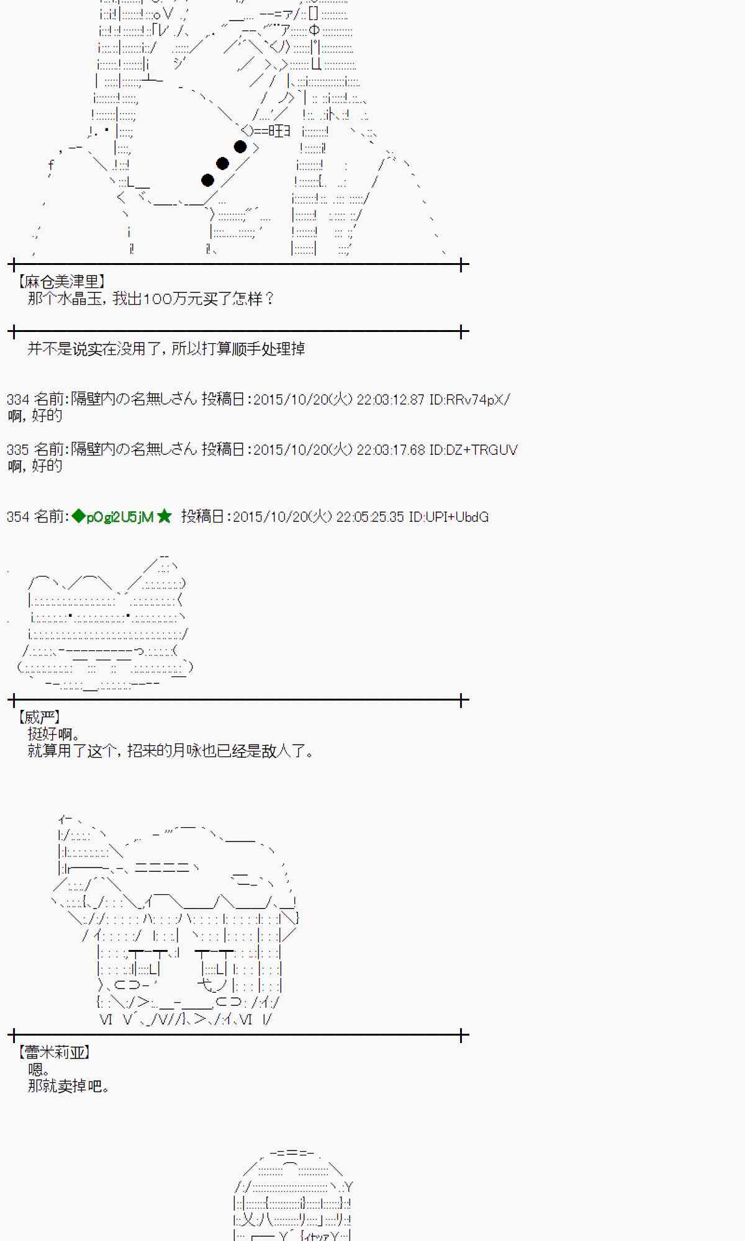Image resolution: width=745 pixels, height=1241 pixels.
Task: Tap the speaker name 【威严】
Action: [x=38, y=718]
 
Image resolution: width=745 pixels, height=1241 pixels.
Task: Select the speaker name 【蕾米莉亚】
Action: [x=55, y=1052]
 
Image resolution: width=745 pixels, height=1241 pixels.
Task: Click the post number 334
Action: [x=17, y=400]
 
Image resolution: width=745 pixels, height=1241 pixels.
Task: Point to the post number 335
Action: [x=17, y=450]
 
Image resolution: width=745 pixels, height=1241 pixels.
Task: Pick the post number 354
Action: [x=17, y=517]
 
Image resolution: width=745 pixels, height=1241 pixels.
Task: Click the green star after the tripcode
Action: [x=165, y=516]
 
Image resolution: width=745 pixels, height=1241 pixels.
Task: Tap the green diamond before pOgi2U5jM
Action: [x=78, y=516]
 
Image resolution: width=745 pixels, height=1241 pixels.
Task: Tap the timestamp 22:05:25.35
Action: [x=370, y=517]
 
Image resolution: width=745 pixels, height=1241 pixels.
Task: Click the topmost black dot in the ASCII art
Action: [x=240, y=147]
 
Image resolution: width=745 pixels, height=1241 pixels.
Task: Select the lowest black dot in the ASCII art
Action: [x=208, y=180]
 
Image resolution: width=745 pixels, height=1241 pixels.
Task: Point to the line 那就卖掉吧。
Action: [x=70, y=1086]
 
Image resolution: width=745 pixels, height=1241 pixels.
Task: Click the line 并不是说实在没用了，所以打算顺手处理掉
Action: [x=166, y=349]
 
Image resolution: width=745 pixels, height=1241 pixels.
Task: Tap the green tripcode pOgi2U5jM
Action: [x=120, y=517]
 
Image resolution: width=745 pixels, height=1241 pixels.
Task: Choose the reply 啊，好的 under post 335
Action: [x=35, y=466]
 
